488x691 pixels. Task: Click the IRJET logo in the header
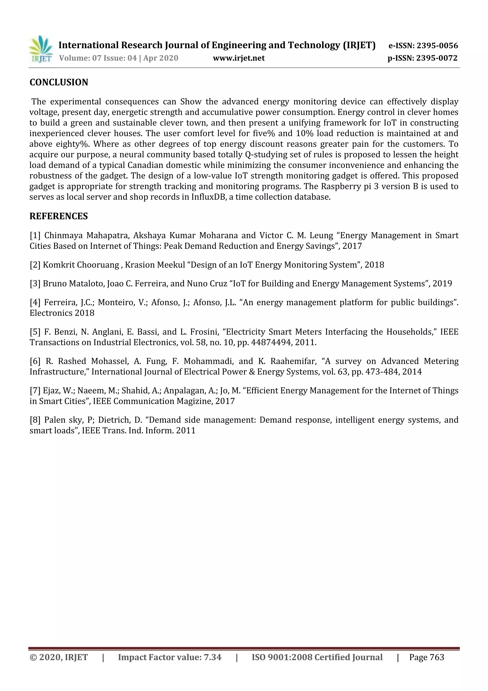[41, 49]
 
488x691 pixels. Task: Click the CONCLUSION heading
[59, 82]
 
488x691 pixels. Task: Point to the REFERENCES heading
[59, 216]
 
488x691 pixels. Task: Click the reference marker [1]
[35, 235]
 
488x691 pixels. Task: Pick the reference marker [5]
[35, 332]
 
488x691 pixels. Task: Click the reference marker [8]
[35, 420]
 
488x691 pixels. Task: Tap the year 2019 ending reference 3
[442, 283]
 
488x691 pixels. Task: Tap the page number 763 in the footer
[437, 657]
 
